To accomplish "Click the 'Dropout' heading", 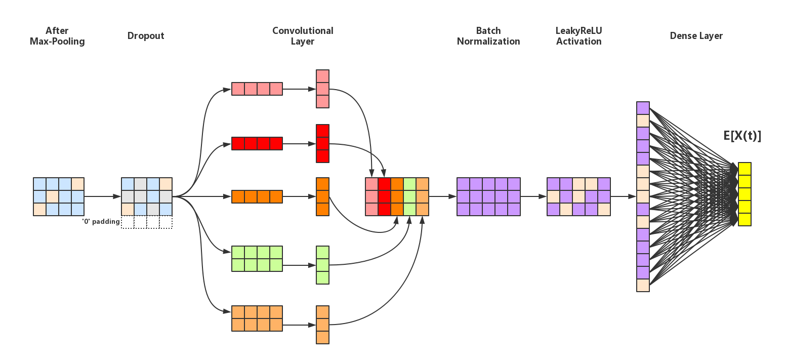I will pos(146,36).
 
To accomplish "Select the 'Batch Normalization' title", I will pos(488,36).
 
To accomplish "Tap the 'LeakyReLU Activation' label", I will pos(578,36).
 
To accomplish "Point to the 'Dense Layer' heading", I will pos(696,36).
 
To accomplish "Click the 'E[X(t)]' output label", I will pos(742,136).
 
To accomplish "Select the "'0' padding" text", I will pos(101,221).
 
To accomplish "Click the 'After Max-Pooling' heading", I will pos(57,36).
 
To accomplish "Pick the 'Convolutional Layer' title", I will pos(303,36).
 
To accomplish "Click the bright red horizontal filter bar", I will pos(257,144).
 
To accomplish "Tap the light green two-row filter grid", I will pos(257,259).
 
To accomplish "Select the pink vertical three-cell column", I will pos(322,89).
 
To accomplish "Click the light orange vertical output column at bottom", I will pos(322,325).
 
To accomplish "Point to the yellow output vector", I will pos(744,194).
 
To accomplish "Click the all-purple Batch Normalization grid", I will pos(488,196).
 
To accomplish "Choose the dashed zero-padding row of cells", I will pos(147,222).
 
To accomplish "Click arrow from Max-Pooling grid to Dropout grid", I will pos(102,196).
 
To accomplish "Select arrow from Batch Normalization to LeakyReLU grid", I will pos(533,196).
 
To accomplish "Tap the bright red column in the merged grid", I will pos(384,196).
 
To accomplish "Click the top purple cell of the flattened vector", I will pos(643,108).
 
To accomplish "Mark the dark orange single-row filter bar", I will pos(257,196).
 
